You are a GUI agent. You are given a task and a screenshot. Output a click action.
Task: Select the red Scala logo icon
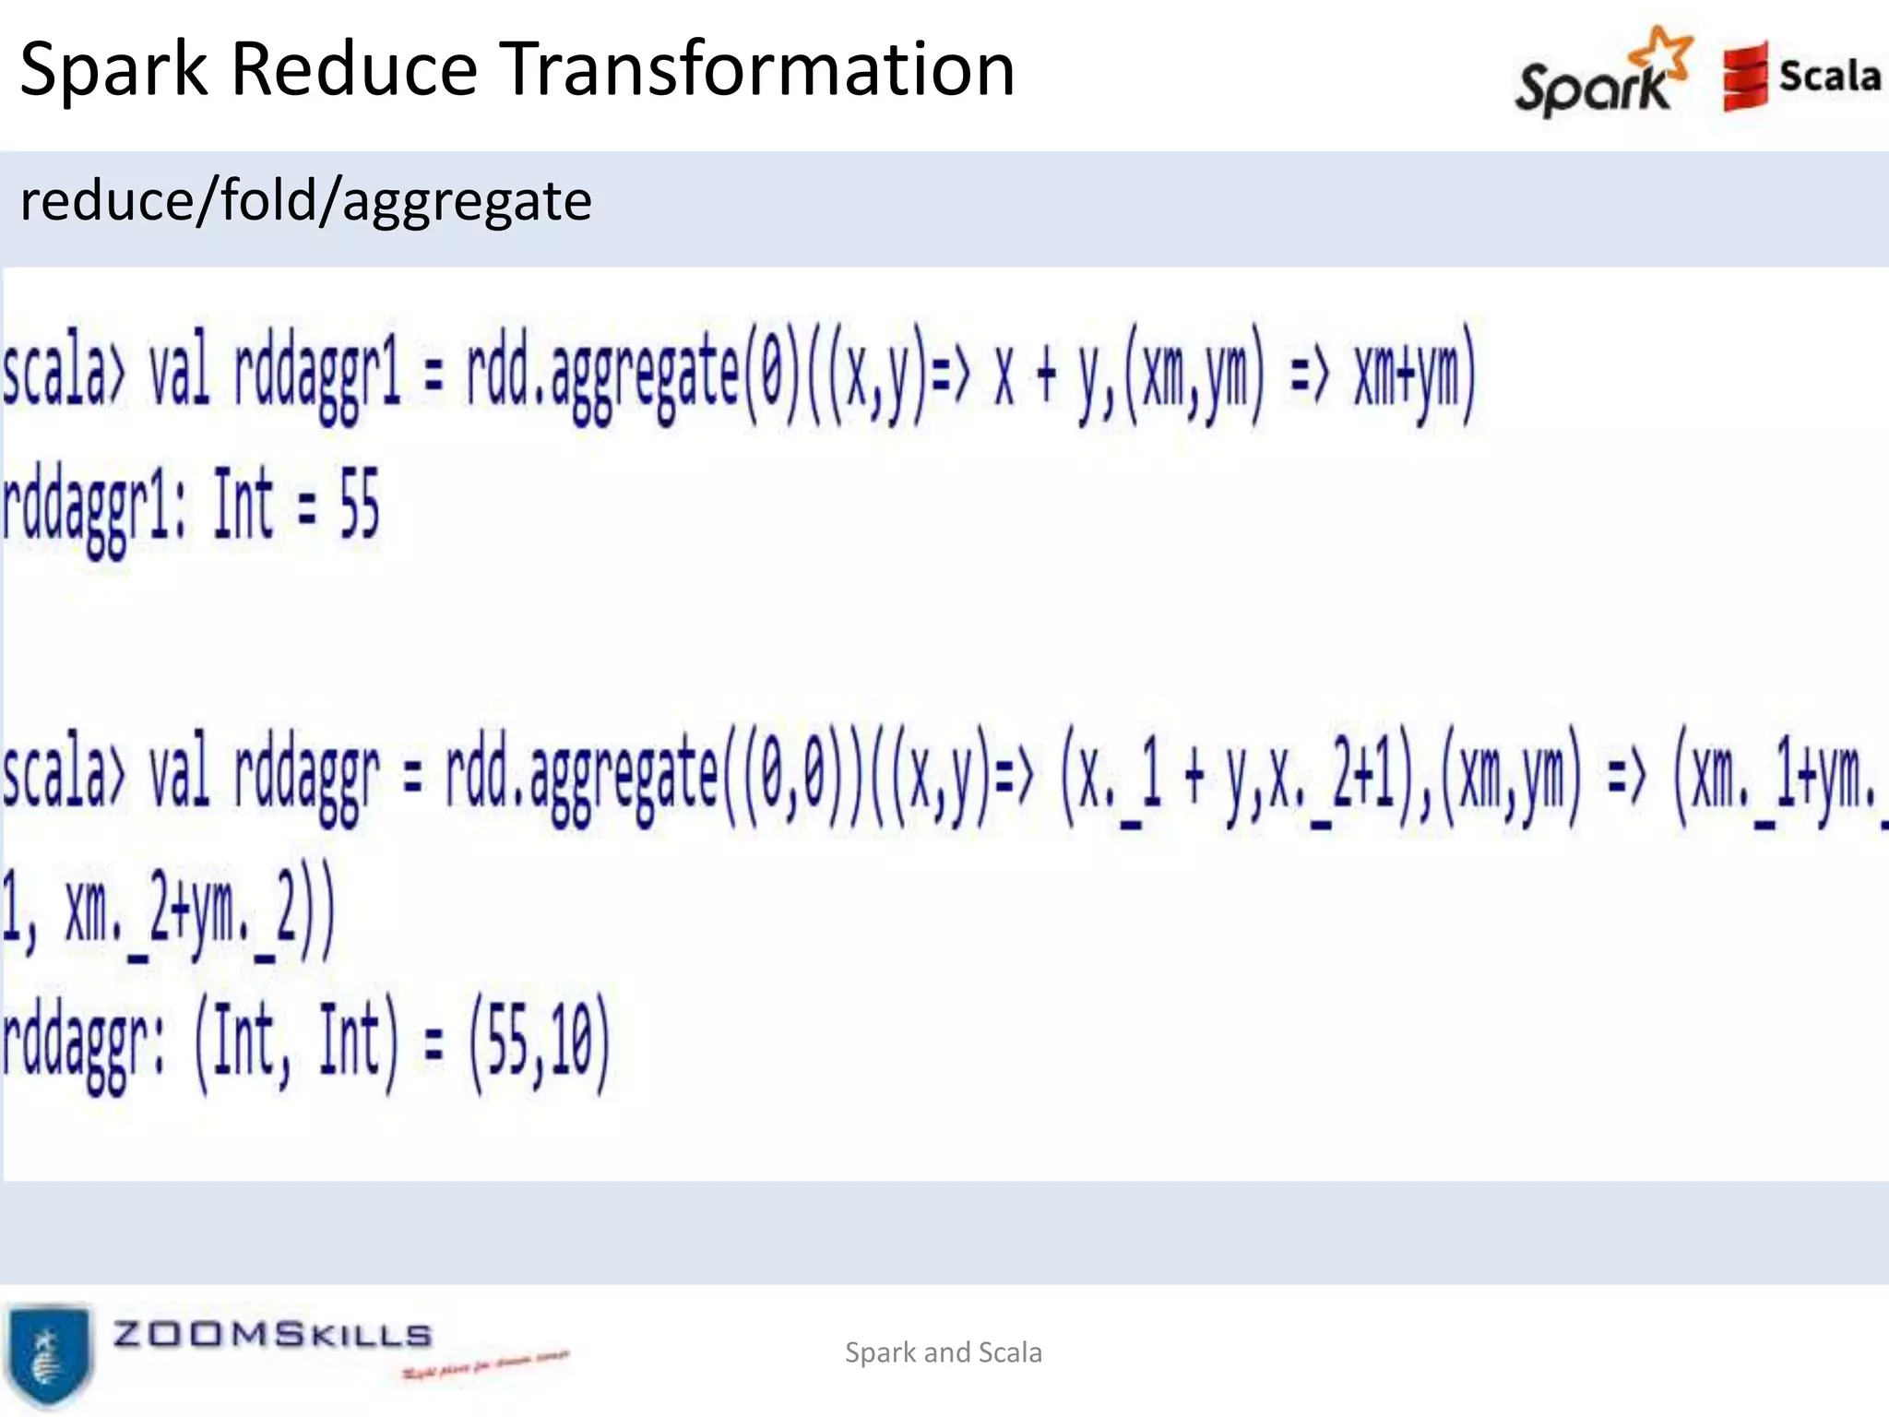[x=1744, y=77]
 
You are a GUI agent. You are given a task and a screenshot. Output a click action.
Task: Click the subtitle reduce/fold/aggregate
[x=305, y=200]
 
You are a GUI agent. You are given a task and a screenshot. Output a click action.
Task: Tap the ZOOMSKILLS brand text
[x=272, y=1334]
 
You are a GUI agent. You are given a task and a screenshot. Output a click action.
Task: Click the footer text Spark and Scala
[x=943, y=1352]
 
